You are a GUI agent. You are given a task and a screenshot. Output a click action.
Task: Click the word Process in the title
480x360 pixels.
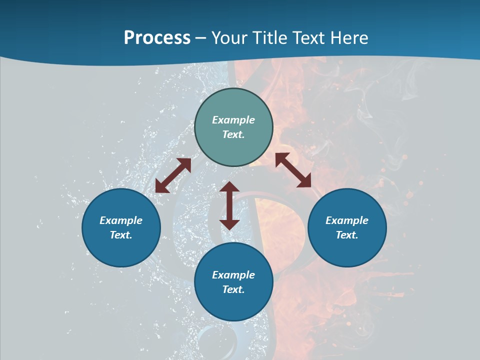tap(157, 38)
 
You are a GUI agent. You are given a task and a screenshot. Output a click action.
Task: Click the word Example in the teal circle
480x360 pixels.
tap(233, 120)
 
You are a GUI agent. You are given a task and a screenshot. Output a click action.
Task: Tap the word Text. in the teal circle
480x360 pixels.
tap(233, 134)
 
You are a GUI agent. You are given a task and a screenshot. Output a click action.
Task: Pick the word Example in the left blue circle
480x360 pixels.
tap(121, 220)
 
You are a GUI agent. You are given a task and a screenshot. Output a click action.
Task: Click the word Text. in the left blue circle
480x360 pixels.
tap(121, 235)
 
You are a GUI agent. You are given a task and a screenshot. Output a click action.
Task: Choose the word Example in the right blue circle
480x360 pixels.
tap(347, 220)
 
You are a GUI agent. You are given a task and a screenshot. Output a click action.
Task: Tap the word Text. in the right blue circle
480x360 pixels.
tap(347, 235)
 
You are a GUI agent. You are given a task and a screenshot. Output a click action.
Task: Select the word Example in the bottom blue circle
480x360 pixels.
tap(233, 275)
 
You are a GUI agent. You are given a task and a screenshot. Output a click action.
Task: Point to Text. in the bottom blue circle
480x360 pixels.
tap(233, 289)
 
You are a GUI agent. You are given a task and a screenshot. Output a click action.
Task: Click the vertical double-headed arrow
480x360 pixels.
tap(229, 205)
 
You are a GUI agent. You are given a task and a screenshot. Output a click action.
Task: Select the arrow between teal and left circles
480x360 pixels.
tap(173, 175)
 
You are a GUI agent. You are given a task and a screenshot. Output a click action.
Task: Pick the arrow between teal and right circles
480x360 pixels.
tap(293, 170)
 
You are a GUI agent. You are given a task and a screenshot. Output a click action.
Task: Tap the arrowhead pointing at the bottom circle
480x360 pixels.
tap(229, 224)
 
